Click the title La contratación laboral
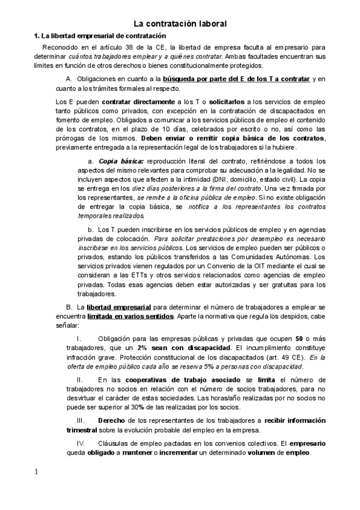[x=180, y=23]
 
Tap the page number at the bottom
[x=36, y=472]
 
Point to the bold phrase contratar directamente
[x=134, y=103]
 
